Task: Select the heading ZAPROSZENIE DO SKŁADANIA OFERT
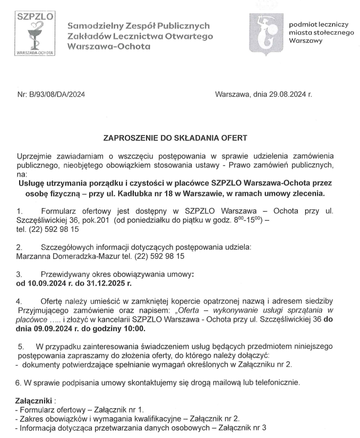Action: click(x=175, y=139)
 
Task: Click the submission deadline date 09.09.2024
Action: click(x=37, y=328)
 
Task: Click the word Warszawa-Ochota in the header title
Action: click(x=109, y=46)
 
